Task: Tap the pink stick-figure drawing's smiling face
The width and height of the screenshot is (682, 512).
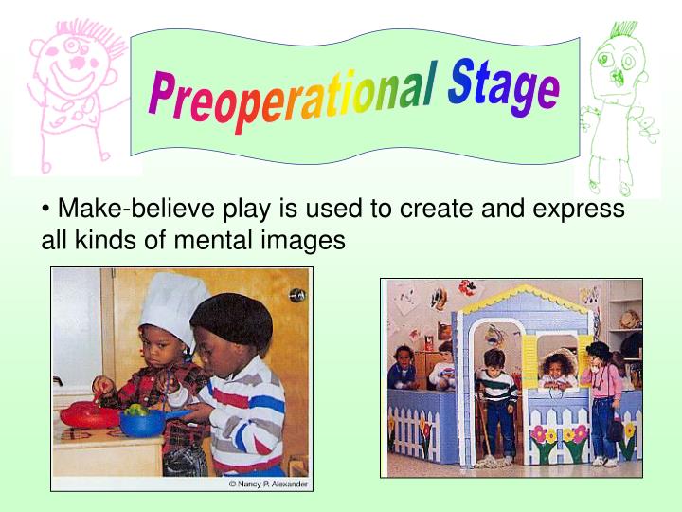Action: click(x=74, y=66)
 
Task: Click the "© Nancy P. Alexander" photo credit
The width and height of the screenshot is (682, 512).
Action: click(x=268, y=485)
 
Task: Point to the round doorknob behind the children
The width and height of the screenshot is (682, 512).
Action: click(x=297, y=295)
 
